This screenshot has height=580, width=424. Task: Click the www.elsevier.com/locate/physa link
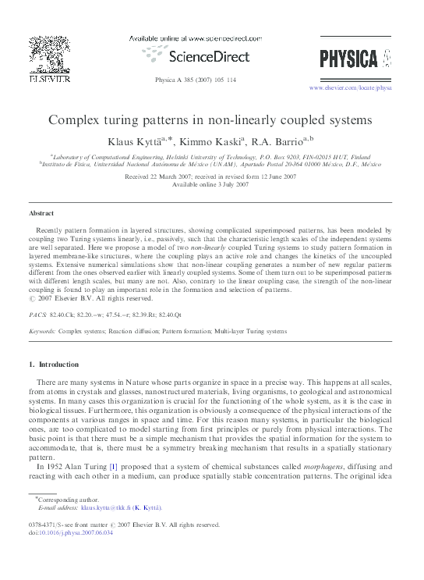(x=350, y=88)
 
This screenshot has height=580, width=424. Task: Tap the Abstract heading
(x=41, y=212)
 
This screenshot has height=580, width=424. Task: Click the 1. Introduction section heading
(x=54, y=365)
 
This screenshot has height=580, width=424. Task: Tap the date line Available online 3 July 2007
(x=211, y=184)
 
